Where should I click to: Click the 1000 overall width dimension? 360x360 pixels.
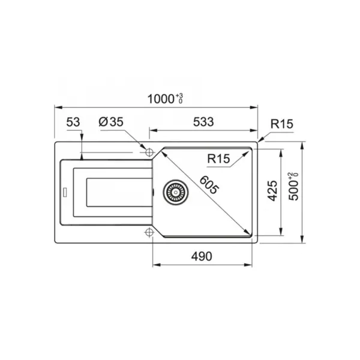tap(161, 99)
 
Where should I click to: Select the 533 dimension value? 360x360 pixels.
tap(203, 122)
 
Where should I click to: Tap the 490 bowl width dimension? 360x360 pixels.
tap(202, 256)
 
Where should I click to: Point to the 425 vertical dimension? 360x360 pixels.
tap(273, 191)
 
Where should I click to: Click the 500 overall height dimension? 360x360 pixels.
tap(293, 190)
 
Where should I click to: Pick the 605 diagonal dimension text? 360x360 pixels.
tap(209, 185)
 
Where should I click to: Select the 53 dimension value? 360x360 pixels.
tap(73, 122)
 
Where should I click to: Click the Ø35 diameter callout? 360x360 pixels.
tap(111, 122)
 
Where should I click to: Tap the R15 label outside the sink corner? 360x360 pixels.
tap(282, 124)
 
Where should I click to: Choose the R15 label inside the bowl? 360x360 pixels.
tap(218, 158)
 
